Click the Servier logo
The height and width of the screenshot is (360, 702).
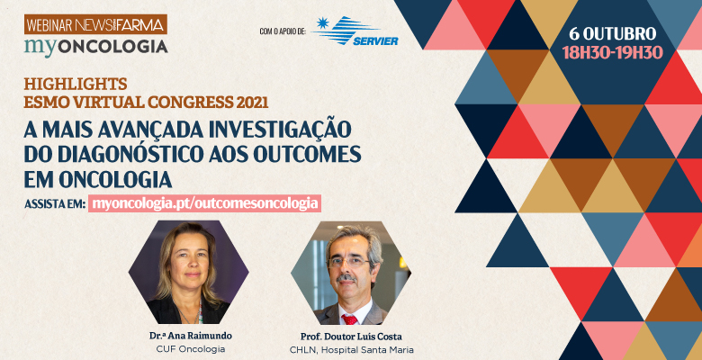(355, 31)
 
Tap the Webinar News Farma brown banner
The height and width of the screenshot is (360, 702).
(95, 24)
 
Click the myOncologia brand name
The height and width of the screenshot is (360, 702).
(96, 47)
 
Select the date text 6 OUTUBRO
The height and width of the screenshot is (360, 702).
(613, 33)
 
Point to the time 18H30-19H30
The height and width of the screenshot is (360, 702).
(613, 53)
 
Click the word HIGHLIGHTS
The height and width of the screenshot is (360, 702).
(76, 84)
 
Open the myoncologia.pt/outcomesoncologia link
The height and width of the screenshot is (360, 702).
(204, 203)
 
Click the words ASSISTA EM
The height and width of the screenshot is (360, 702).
(55, 204)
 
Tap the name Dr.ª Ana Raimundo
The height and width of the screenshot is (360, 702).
(191, 337)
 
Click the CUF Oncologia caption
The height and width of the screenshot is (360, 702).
(191, 349)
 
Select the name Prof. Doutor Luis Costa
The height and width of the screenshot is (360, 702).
(351, 337)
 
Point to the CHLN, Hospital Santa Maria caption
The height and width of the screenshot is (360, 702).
(351, 350)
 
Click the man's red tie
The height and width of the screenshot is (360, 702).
(350, 319)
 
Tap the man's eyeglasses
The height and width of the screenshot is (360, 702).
(349, 263)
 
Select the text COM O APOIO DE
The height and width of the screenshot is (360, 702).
(283, 31)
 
